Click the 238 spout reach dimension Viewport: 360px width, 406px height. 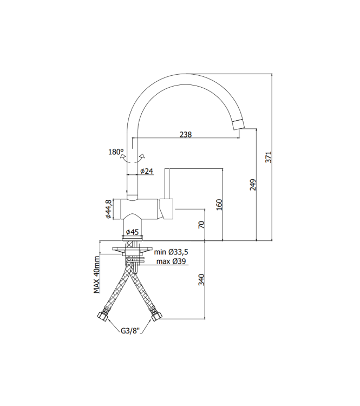(x=185, y=135)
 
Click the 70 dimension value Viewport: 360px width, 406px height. (x=201, y=225)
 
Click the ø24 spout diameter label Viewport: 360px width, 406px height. (x=147, y=171)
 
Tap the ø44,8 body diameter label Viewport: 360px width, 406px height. (x=109, y=208)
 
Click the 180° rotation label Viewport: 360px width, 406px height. (x=116, y=152)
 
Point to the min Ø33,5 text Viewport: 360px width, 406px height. (x=171, y=252)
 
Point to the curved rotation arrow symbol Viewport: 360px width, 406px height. (x=133, y=158)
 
